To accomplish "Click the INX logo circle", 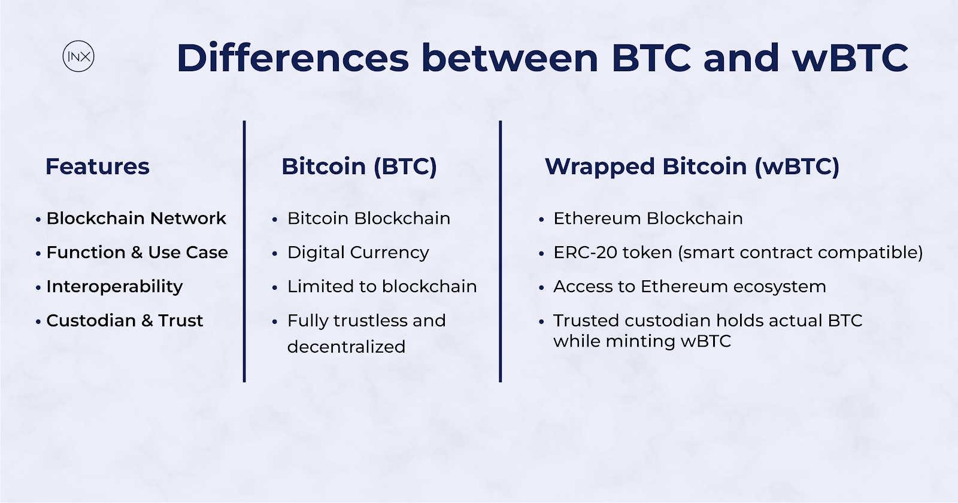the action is (x=78, y=41).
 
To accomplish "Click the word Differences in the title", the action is (x=293, y=57).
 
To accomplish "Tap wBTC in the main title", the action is (x=850, y=57).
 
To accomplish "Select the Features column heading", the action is (x=98, y=166).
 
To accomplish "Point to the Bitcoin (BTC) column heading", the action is (x=359, y=166).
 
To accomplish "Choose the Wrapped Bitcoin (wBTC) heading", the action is (x=692, y=167).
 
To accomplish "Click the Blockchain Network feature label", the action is (x=136, y=219).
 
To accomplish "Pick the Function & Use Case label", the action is (x=137, y=252).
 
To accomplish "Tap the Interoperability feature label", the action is (x=114, y=287).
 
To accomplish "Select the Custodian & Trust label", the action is (x=125, y=321).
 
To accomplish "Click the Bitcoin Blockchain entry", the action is (x=369, y=219).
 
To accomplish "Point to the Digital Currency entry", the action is (x=358, y=253).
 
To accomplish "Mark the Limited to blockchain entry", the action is (x=382, y=287).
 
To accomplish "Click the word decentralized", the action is (x=346, y=347).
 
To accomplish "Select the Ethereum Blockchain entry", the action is (x=648, y=219).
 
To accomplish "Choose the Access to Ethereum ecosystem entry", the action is (x=689, y=287).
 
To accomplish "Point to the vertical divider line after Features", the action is (x=244, y=251).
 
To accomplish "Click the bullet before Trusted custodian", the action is (x=541, y=322).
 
